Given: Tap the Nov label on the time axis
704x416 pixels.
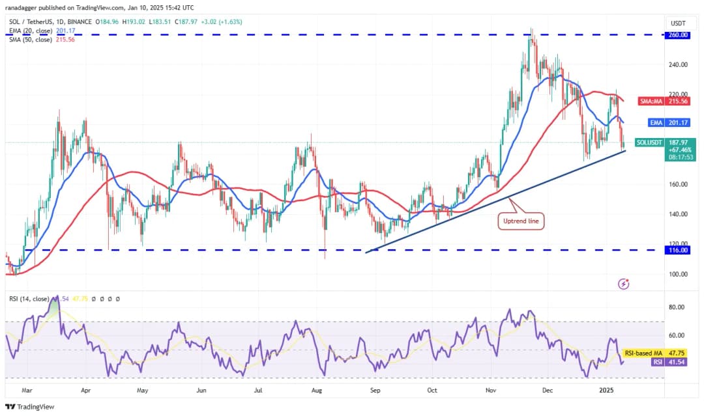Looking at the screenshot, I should (491, 391).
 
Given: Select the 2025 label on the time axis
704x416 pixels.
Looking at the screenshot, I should (607, 391).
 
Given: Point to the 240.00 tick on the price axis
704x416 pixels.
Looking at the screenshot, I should (679, 64).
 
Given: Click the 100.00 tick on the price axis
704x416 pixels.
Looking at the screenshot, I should (679, 274).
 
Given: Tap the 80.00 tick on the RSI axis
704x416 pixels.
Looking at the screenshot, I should (677, 307).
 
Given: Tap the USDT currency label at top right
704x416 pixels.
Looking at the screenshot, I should (678, 23).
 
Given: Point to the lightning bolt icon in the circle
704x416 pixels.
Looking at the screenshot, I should (624, 284).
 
